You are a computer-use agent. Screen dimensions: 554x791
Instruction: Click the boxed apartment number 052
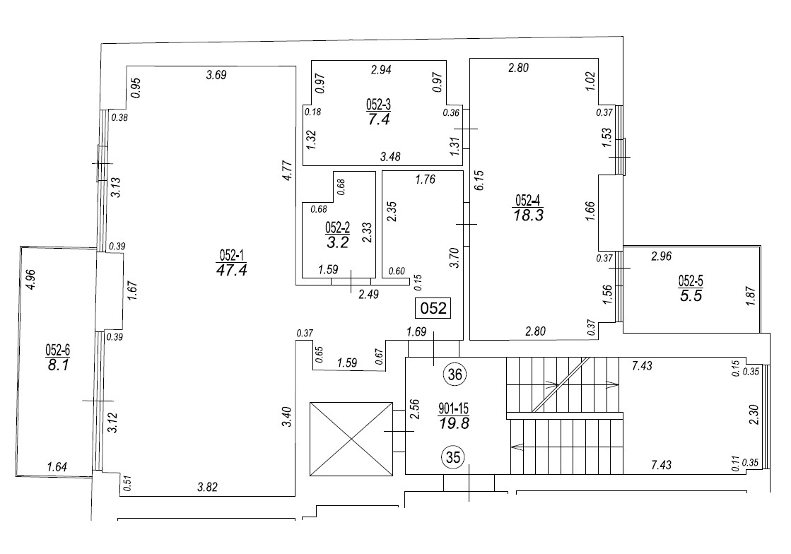[433, 309]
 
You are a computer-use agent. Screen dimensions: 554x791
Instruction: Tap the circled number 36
[455, 375]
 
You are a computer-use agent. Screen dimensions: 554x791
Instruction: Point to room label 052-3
[378, 105]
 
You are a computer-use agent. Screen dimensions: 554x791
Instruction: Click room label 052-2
[337, 228]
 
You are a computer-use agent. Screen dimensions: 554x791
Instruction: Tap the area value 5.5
[691, 297]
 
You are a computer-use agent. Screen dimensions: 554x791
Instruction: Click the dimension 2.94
[382, 70]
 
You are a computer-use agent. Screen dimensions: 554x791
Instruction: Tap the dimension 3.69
[216, 75]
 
